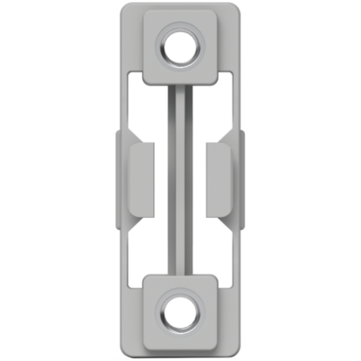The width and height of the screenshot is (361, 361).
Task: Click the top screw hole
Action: pyautogui.click(x=180, y=48)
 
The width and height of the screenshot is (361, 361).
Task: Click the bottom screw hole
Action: pyautogui.click(x=180, y=312)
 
